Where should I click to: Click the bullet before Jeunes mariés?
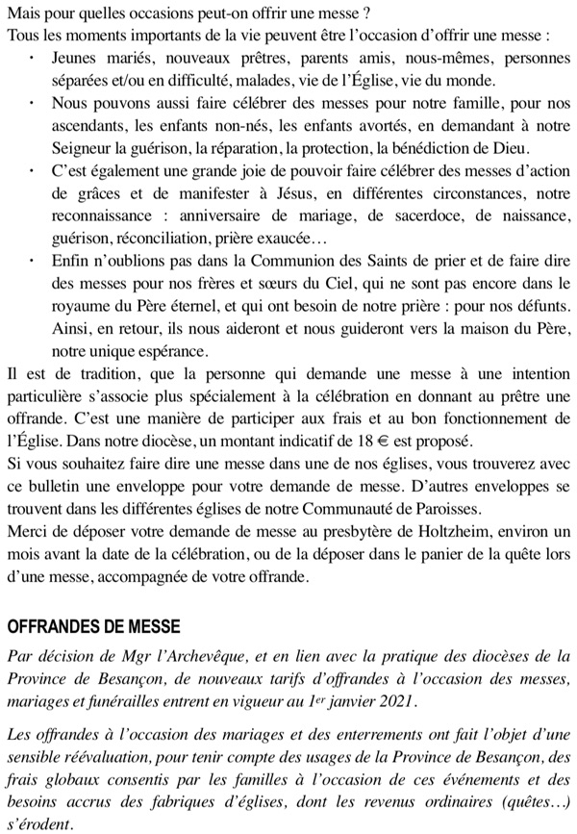(x=35, y=58)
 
